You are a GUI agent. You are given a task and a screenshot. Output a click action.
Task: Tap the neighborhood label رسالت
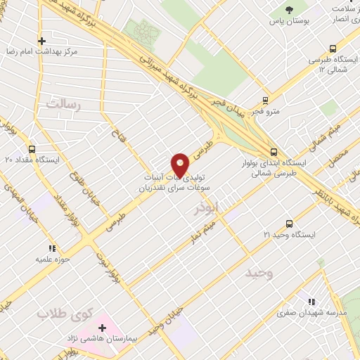click(x=64, y=104)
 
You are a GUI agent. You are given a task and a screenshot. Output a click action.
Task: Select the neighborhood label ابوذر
click(x=208, y=209)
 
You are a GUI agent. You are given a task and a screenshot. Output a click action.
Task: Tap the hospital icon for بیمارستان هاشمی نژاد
click(x=103, y=328)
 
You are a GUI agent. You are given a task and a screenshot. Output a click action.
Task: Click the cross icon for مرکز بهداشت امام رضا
click(x=42, y=41)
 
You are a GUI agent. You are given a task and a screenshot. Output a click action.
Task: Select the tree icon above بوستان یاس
click(x=289, y=10)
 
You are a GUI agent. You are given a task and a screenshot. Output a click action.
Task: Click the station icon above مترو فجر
click(x=265, y=100)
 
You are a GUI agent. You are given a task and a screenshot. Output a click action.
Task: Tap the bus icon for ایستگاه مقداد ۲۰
click(x=32, y=149)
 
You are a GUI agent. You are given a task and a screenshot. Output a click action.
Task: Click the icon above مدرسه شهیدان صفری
click(x=311, y=302)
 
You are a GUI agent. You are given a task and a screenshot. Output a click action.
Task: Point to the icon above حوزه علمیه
click(x=52, y=248)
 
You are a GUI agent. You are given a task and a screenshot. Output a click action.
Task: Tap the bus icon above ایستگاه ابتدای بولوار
click(x=274, y=151)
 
